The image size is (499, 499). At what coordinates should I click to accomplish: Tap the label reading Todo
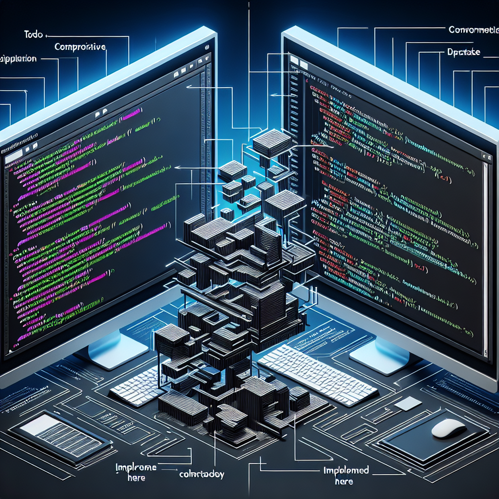pyautogui.click(x=33, y=35)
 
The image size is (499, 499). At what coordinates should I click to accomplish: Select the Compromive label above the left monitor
pyautogui.click(x=80, y=47)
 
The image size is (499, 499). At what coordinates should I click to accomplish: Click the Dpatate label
pyautogui.click(x=463, y=52)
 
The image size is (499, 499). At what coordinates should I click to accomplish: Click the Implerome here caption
pyautogui.click(x=136, y=472)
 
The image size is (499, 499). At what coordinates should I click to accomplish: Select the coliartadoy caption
pyautogui.click(x=201, y=474)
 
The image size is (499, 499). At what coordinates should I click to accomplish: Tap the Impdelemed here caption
pyautogui.click(x=346, y=475)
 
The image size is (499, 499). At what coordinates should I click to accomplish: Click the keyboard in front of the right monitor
pyautogui.click(x=317, y=369)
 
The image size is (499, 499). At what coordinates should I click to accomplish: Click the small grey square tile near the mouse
pyautogui.click(x=407, y=403)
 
